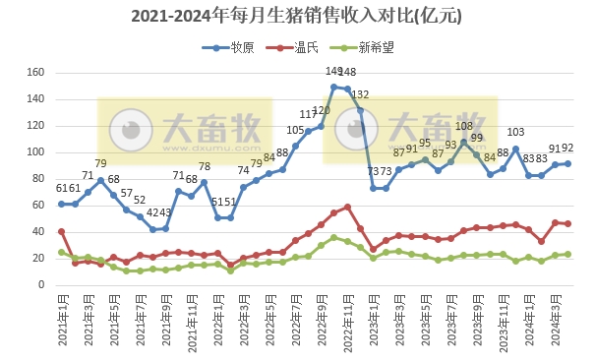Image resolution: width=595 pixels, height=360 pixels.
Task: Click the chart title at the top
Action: [x=296, y=17]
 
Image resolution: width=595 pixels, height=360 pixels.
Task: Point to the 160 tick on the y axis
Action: [x=35, y=73]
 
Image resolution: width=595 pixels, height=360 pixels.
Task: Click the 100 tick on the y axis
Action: [x=35, y=152]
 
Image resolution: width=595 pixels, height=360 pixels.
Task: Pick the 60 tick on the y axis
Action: [x=38, y=205]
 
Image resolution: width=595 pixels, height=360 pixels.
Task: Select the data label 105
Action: [x=295, y=131]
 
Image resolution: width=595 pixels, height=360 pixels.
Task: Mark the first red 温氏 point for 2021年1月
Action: [x=62, y=231]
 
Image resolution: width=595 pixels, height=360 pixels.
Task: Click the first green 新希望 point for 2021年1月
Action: [x=62, y=252]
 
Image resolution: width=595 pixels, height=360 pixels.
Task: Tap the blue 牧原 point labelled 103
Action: [x=515, y=149]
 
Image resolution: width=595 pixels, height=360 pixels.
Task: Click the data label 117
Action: [x=309, y=115]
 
